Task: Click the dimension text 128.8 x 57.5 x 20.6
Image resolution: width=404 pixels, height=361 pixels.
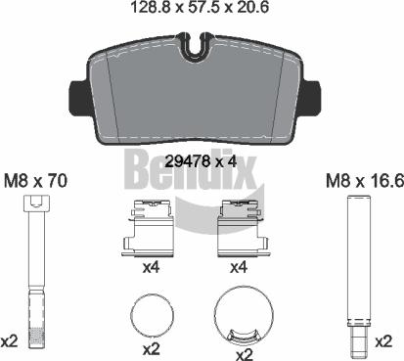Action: click(x=200, y=7)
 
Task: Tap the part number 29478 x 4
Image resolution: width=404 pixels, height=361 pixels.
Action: click(x=202, y=161)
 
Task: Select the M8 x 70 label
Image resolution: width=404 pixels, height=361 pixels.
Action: click(x=35, y=181)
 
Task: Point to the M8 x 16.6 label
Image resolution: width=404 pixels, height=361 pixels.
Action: click(x=365, y=181)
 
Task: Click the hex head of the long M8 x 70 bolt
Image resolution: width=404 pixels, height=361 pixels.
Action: click(x=37, y=203)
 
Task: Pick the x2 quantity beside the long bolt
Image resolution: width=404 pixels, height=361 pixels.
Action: click(x=9, y=341)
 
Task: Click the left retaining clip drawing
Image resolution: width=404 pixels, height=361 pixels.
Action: click(x=149, y=228)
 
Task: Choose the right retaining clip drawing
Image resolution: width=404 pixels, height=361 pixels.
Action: click(x=243, y=228)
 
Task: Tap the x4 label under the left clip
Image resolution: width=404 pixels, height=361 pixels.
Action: click(x=151, y=268)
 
